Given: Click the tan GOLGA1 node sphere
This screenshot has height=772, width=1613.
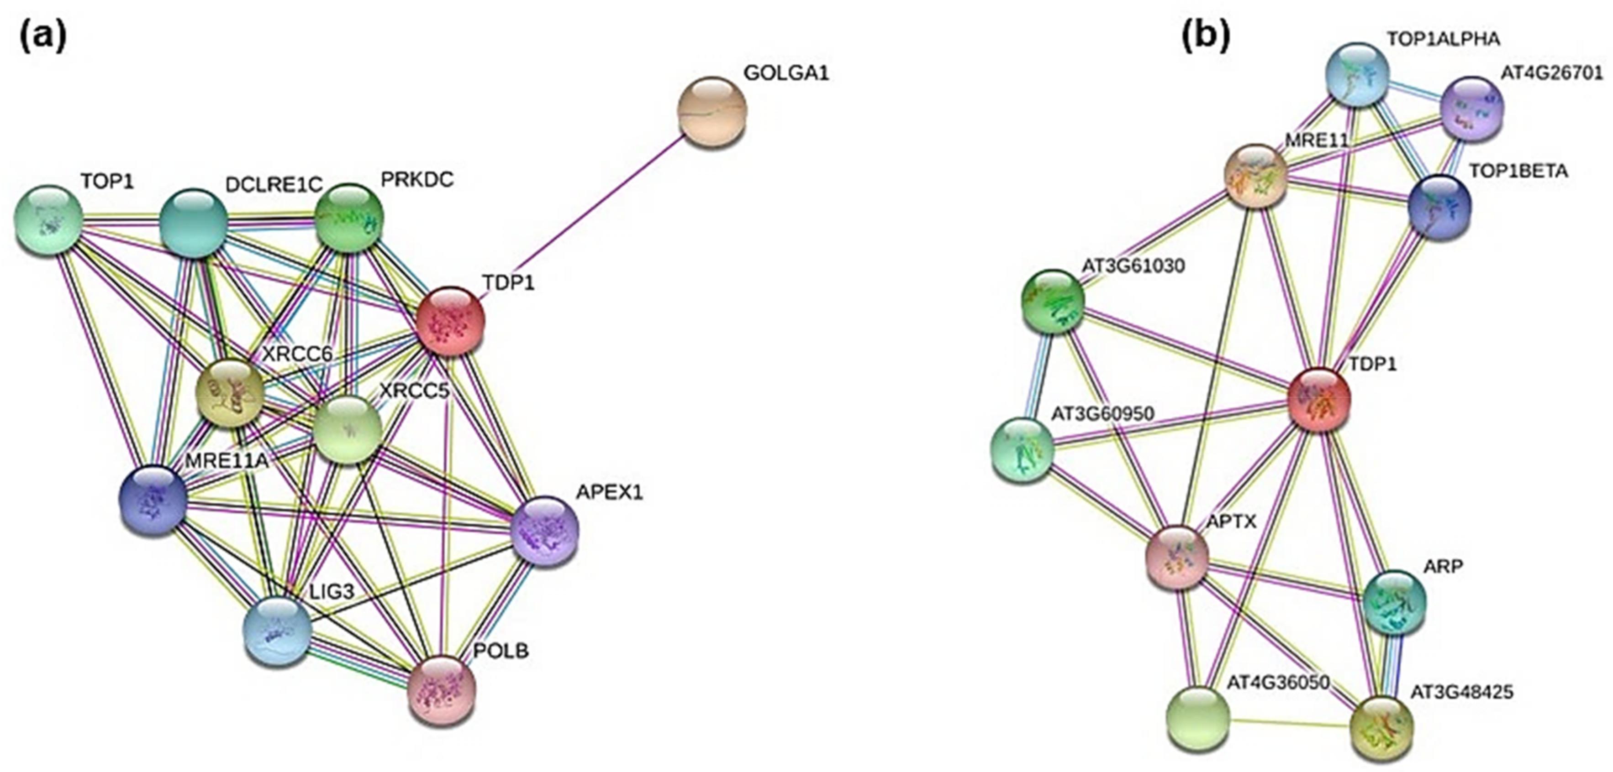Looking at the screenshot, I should [712, 112].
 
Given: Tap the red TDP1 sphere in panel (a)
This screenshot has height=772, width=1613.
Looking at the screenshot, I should [450, 321].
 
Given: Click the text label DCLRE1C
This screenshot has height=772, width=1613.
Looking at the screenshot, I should [274, 184].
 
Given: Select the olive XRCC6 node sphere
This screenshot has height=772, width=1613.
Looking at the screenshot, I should [230, 393].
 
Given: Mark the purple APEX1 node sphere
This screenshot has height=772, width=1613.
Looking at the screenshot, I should [545, 532].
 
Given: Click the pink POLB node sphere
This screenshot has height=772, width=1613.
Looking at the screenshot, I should [442, 690].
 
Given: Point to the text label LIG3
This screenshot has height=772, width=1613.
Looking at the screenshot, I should [332, 591].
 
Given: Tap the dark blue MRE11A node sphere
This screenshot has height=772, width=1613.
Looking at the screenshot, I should [153, 501].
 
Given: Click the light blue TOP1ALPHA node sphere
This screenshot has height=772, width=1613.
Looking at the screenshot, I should [1358, 74].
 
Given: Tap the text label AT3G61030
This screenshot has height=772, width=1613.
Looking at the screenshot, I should [1133, 266].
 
